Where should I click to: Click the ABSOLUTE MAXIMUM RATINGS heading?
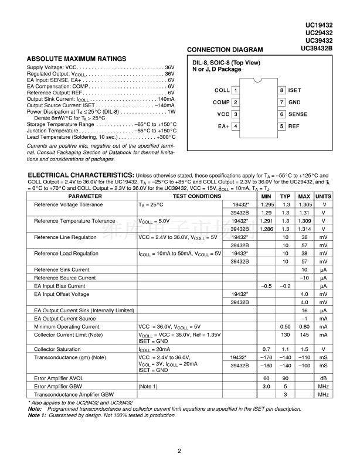coord(76,59)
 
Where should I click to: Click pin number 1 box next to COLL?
coord(235,91)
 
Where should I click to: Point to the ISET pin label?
coord(295,91)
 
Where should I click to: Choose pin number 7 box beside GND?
coord(282,103)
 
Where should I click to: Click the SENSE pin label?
coord(298,114)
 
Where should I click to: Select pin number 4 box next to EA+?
coord(235,126)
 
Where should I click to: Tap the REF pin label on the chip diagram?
coord(294,126)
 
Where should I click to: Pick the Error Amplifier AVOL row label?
coord(59,378)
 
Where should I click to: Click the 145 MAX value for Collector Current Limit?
coord(304,335)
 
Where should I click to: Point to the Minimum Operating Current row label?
coord(67,326)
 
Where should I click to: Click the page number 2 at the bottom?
coord(180,451)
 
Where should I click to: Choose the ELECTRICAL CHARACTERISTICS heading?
coord(80,175)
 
